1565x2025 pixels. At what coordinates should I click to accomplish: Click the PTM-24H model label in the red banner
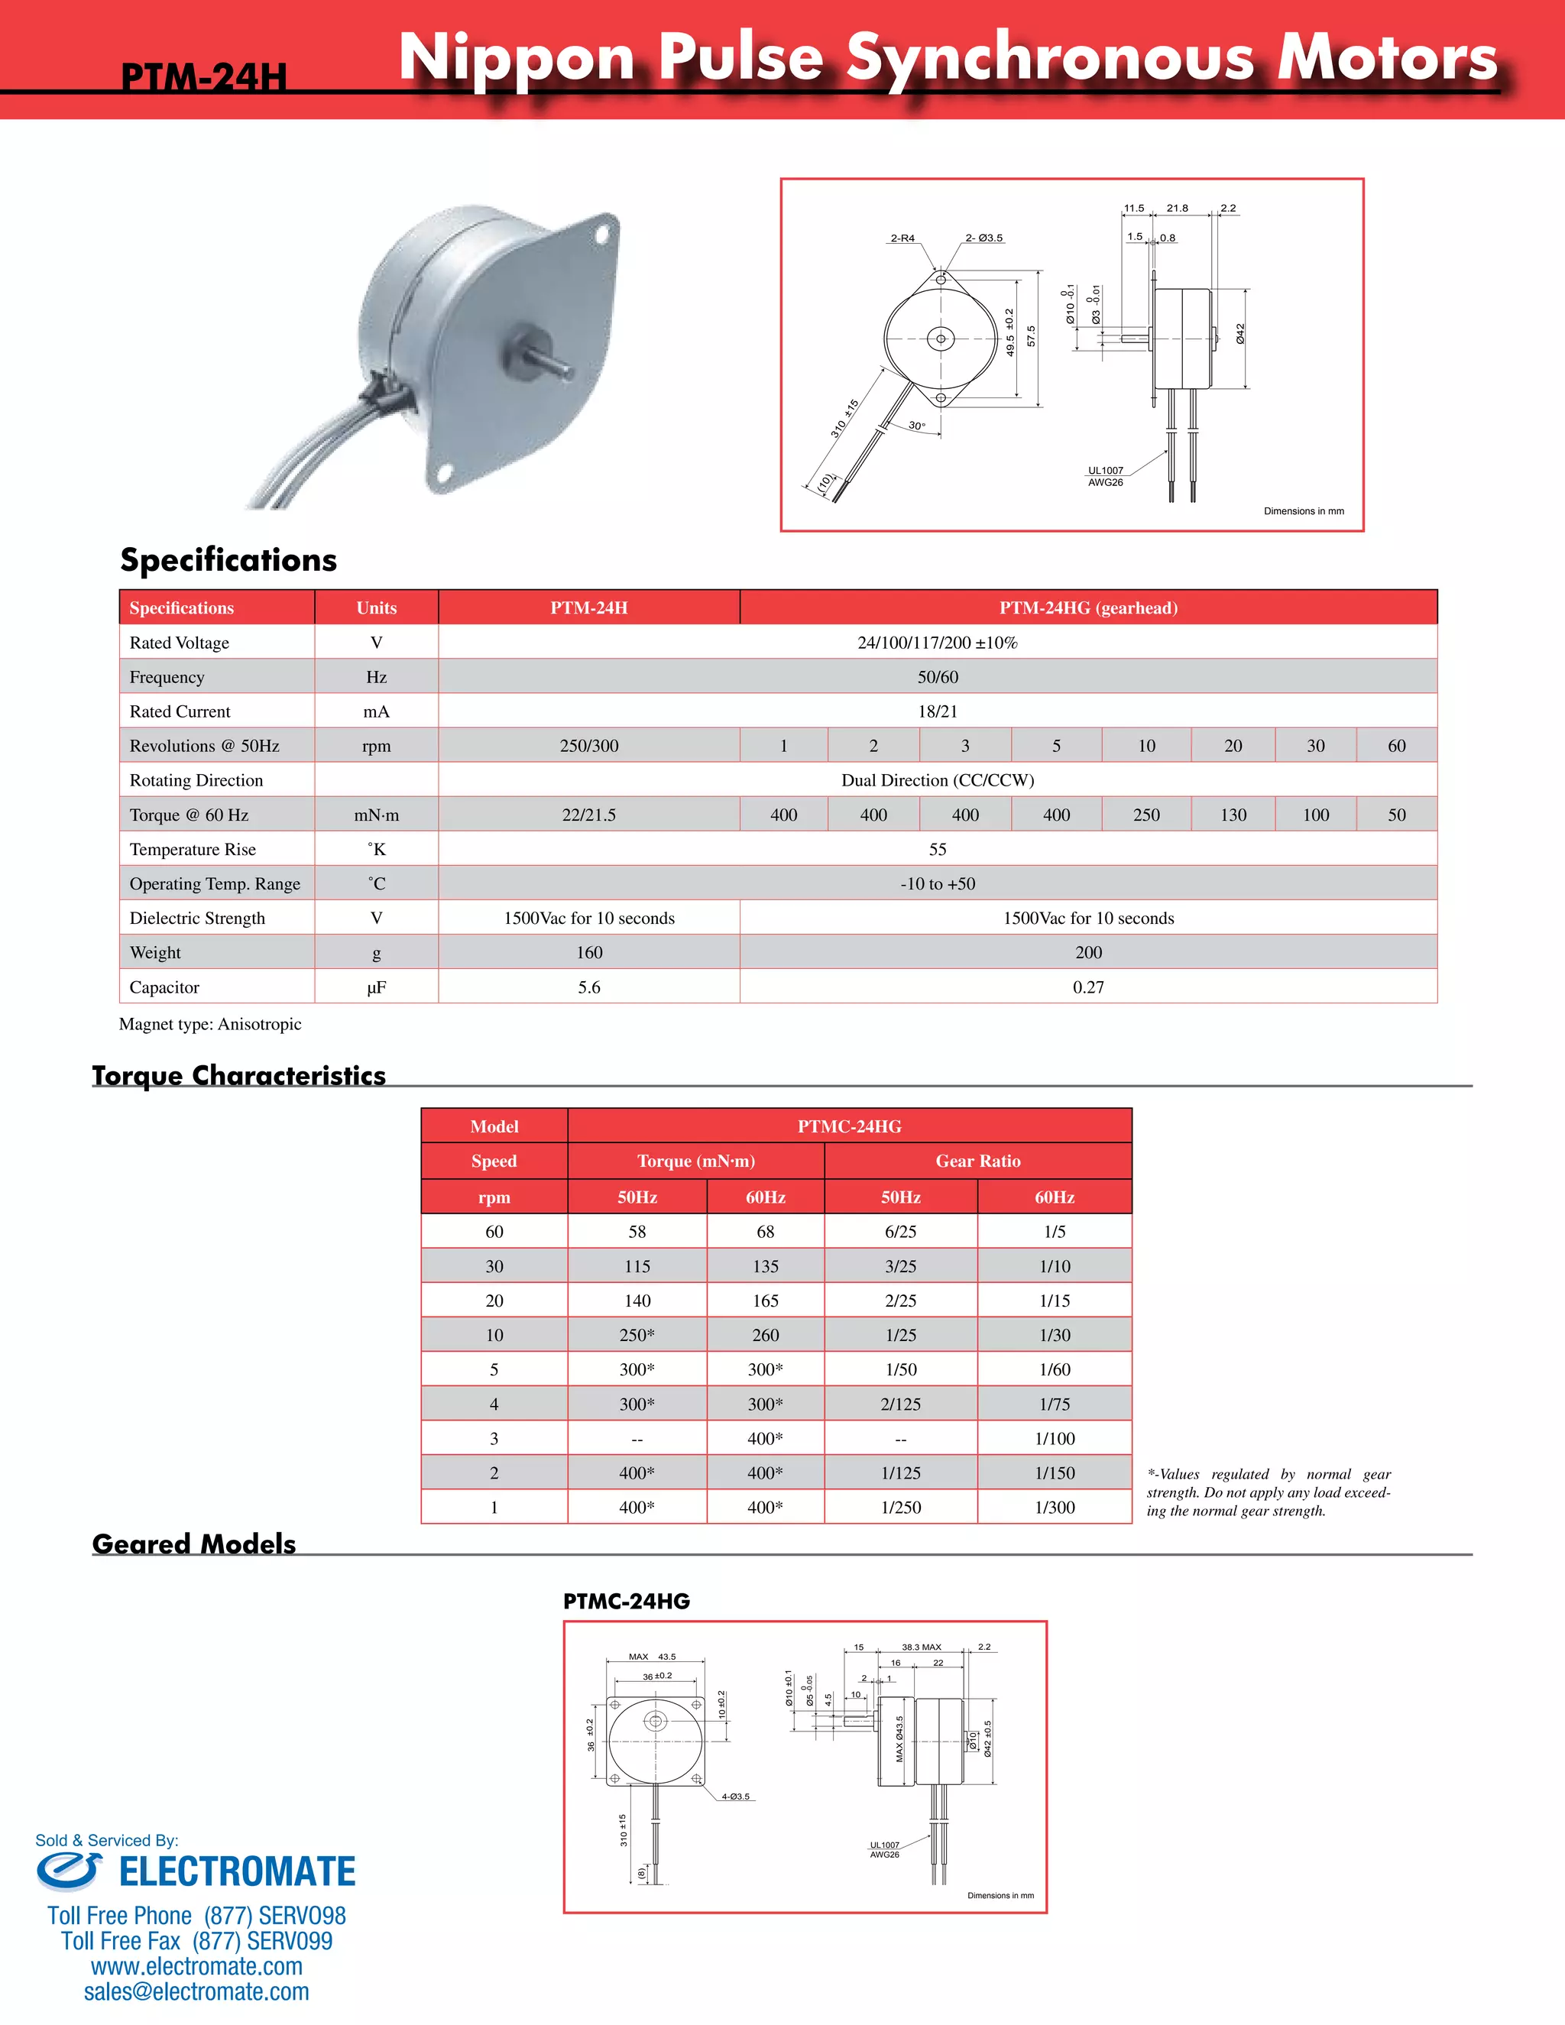click(x=204, y=76)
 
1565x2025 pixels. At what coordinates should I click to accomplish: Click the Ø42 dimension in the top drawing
click(x=1240, y=335)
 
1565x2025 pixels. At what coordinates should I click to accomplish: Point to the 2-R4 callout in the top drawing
click(x=902, y=238)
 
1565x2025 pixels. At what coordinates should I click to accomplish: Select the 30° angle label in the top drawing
click(x=916, y=426)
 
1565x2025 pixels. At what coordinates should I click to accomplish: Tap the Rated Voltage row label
click(x=179, y=643)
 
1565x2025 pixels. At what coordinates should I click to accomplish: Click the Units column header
click(x=377, y=608)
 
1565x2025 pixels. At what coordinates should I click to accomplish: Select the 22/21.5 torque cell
click(x=588, y=815)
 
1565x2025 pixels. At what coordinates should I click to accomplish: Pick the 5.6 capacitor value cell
click(x=588, y=987)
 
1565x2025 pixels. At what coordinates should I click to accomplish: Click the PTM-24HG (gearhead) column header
click(x=1088, y=608)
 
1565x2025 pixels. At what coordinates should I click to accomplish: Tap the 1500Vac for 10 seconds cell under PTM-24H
click(x=588, y=918)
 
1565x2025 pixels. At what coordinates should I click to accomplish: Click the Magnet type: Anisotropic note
click(x=210, y=1024)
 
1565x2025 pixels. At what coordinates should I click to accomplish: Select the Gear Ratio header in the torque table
click(x=978, y=1161)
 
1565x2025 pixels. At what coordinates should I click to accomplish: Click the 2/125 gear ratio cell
click(x=900, y=1404)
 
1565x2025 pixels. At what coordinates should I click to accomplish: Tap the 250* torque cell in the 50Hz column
click(x=637, y=1335)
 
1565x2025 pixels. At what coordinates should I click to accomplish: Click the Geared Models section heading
click(x=194, y=1544)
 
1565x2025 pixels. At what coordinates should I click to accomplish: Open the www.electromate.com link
click(x=196, y=1965)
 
